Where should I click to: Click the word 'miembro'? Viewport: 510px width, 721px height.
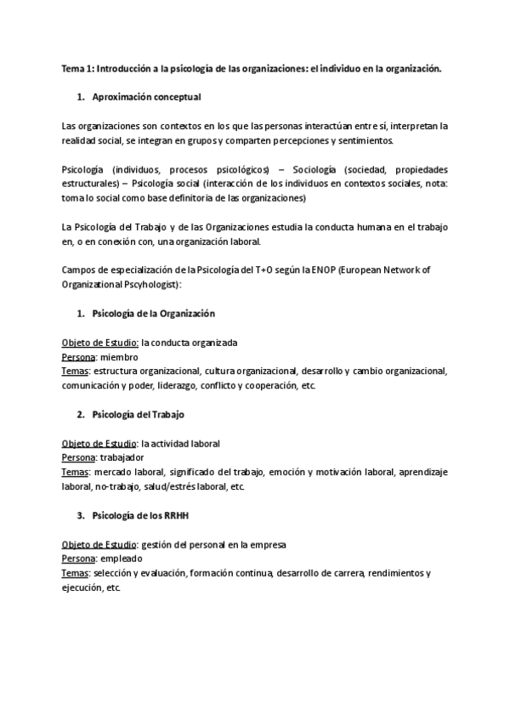119,357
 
